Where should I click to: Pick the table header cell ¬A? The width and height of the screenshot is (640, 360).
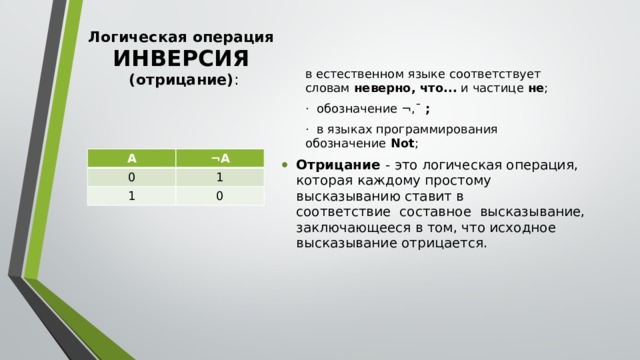tap(219, 158)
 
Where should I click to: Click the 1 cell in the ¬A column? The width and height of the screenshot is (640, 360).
tap(219, 177)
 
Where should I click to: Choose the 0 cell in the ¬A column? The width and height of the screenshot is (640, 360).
tap(219, 196)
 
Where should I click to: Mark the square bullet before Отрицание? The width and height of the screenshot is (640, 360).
tap(287, 165)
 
